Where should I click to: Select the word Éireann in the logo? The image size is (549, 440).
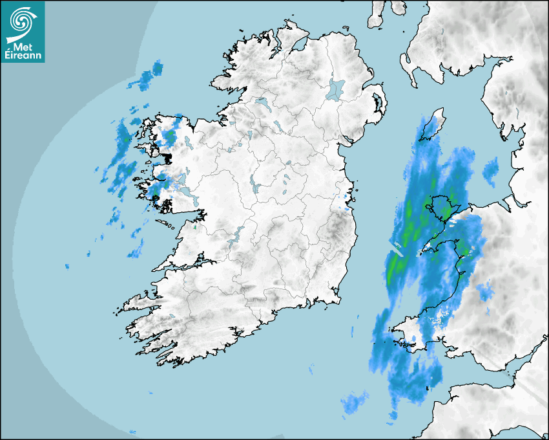(23, 56)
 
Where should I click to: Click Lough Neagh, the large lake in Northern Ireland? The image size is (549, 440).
(336, 89)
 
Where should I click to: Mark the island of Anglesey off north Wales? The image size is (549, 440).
(444, 208)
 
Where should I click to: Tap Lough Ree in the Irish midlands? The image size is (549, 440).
(256, 186)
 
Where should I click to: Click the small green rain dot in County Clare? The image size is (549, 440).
(195, 227)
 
